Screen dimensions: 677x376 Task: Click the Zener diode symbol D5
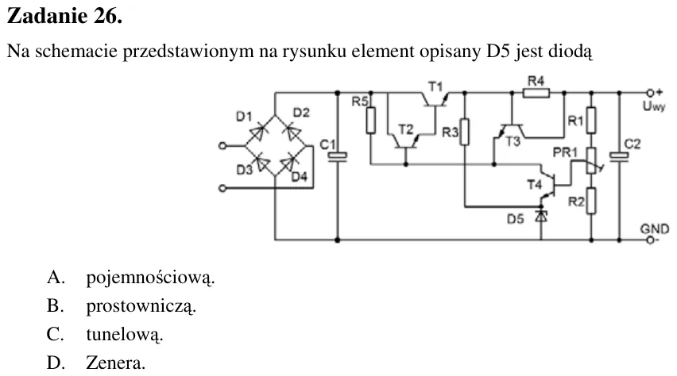coord(541,217)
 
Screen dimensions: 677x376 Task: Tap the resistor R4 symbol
coord(536,93)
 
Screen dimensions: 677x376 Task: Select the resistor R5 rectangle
coord(370,121)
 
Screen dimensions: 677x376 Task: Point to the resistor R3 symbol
coord(464,132)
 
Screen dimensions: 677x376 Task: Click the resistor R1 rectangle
coord(591,120)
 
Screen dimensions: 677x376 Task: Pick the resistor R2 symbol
coord(591,201)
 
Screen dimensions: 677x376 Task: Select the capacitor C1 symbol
coord(337,157)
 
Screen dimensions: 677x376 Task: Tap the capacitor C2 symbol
coord(619,157)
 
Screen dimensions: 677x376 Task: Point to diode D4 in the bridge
coord(288,164)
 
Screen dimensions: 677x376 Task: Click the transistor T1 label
coord(435,86)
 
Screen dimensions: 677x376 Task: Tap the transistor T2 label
coord(405,129)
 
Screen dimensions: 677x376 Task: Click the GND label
coord(654,228)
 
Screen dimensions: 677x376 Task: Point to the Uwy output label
coord(654,106)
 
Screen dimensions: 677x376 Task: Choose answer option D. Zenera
coord(96,363)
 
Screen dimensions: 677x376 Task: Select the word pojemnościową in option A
coord(150,278)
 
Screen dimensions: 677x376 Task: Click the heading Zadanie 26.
coord(65,17)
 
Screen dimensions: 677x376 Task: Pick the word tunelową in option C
coord(125,335)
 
